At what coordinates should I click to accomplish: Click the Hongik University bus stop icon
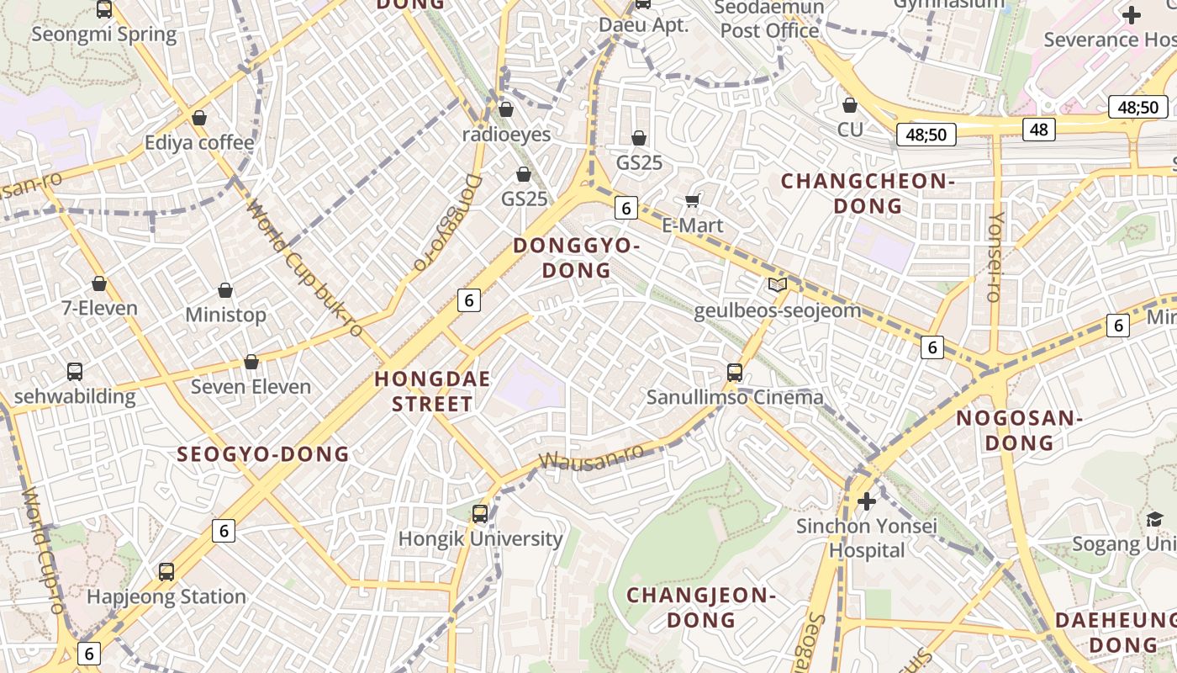click(480, 513)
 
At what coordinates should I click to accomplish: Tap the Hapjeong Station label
click(166, 596)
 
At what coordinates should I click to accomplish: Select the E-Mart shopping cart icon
click(693, 200)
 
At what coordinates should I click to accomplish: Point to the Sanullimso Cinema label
click(735, 396)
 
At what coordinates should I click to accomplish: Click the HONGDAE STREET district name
click(432, 391)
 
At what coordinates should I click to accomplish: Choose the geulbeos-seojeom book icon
click(778, 285)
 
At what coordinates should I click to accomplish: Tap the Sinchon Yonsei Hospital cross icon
click(867, 502)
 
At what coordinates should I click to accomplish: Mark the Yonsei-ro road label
click(995, 257)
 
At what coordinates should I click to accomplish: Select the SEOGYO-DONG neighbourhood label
click(262, 454)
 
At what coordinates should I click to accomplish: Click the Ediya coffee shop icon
click(199, 118)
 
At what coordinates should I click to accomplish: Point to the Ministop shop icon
click(225, 291)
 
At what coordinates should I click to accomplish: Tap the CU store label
click(850, 130)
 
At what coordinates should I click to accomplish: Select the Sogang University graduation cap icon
click(1154, 520)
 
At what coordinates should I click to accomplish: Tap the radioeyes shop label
click(506, 135)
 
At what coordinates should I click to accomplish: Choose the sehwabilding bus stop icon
click(75, 371)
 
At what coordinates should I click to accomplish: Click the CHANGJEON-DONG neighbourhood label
click(700, 607)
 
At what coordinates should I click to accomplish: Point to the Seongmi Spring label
click(104, 34)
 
